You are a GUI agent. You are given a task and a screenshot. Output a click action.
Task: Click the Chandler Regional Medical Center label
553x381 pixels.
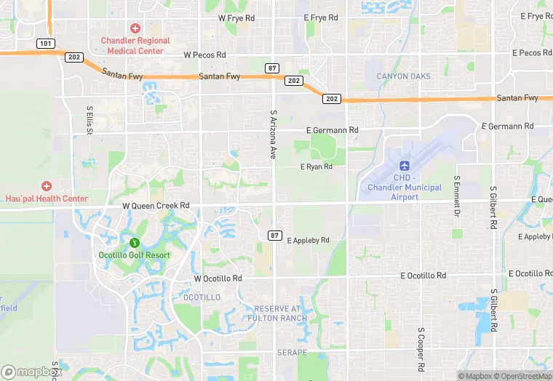(135, 45)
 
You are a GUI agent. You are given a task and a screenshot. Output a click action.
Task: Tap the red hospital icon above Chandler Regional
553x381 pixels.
(135, 28)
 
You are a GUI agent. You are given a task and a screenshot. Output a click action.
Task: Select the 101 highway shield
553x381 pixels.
(46, 44)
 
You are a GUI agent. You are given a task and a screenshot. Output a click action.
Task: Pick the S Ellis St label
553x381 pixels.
(89, 120)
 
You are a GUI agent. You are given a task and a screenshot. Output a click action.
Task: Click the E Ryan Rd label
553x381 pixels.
(317, 167)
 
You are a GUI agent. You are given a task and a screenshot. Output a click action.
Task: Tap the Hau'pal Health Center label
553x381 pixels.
(47, 198)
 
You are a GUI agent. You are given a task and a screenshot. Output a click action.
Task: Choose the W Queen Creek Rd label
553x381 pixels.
(156, 206)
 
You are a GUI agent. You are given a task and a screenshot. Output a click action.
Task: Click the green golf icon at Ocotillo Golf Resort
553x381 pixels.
(134, 242)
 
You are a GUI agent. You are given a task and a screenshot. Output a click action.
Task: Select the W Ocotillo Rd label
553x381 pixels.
(218, 278)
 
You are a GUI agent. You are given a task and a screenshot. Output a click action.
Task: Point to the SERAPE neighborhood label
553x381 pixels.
(293, 352)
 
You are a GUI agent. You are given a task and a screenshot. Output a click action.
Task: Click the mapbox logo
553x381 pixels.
(32, 371)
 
